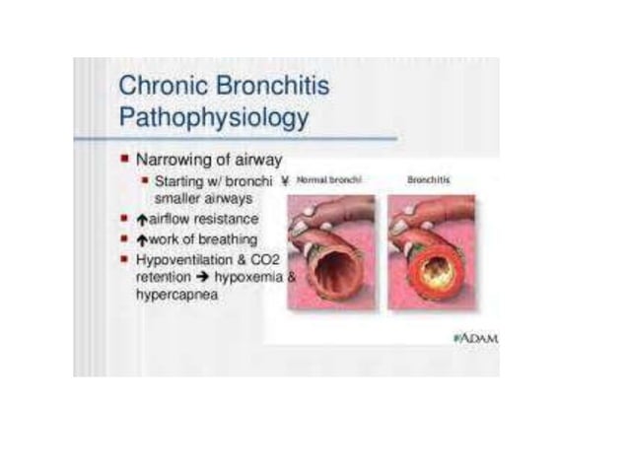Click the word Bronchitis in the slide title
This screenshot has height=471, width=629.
[x=267, y=86]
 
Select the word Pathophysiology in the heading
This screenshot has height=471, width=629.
[x=213, y=117]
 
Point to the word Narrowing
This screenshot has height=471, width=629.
[x=171, y=158]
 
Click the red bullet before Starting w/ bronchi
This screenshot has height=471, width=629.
[x=145, y=180]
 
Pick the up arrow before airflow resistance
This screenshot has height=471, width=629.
[x=141, y=219]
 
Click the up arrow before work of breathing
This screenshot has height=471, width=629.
[x=141, y=239]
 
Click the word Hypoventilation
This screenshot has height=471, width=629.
[x=184, y=259]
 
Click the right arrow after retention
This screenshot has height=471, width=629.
[x=198, y=278]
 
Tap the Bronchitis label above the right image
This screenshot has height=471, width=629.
[x=430, y=181]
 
